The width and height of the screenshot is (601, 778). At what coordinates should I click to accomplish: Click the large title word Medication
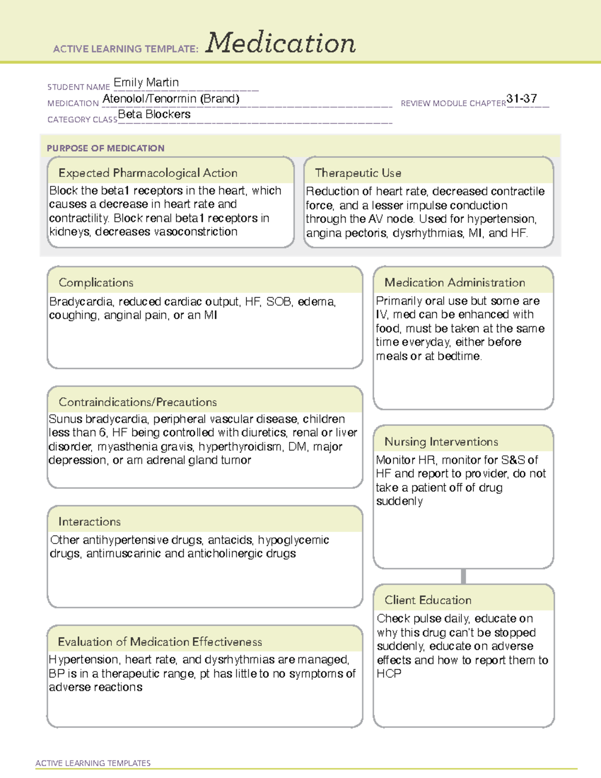(280, 43)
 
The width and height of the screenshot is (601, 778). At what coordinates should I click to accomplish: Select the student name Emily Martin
(146, 83)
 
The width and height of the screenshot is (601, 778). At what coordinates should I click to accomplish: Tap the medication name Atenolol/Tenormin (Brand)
(171, 99)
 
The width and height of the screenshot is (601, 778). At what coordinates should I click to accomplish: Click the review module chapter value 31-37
(521, 99)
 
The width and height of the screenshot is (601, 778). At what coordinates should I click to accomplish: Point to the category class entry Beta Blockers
(154, 115)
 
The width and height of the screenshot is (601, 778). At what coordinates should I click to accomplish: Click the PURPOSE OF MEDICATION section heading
(106, 148)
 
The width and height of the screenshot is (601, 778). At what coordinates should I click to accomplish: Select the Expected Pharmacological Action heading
(148, 173)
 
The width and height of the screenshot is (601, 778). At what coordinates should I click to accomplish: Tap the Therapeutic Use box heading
(358, 173)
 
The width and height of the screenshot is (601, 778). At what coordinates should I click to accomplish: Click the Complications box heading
(96, 283)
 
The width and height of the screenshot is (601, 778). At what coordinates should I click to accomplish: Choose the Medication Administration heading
(454, 283)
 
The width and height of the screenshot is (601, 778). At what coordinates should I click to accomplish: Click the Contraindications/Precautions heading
(137, 402)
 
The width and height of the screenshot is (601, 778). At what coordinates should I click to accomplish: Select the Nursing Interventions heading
(441, 441)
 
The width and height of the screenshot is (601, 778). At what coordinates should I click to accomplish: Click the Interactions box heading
(89, 522)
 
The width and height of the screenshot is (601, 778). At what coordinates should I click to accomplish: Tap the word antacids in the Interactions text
(230, 540)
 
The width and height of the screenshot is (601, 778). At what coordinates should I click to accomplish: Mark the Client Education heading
(428, 600)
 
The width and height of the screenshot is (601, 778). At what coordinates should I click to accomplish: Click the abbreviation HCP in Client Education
(389, 674)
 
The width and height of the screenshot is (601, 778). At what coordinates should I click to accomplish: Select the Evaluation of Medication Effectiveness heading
(160, 642)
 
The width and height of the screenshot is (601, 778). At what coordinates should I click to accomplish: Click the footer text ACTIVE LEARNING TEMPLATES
(93, 763)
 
